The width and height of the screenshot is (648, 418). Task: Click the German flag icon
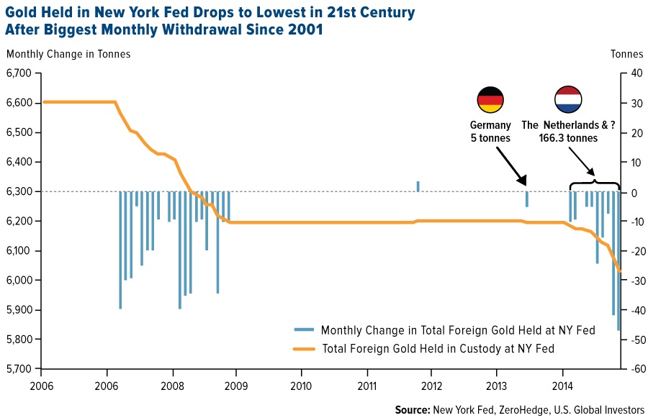pos(490,99)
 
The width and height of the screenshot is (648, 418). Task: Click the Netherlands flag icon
pos(568,99)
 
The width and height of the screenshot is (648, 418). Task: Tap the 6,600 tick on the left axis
pos(19,103)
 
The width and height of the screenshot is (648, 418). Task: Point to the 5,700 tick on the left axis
pos(19,369)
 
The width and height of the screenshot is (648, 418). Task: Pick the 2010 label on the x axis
pos(301,384)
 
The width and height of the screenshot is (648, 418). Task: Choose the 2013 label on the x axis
pos(497,384)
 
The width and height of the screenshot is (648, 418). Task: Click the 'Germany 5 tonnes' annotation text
pos(490,132)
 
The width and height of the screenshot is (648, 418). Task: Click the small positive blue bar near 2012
pos(418,186)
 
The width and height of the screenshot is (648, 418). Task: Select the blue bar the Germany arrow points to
pos(527,199)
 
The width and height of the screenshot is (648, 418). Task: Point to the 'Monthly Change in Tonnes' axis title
pos(68,54)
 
